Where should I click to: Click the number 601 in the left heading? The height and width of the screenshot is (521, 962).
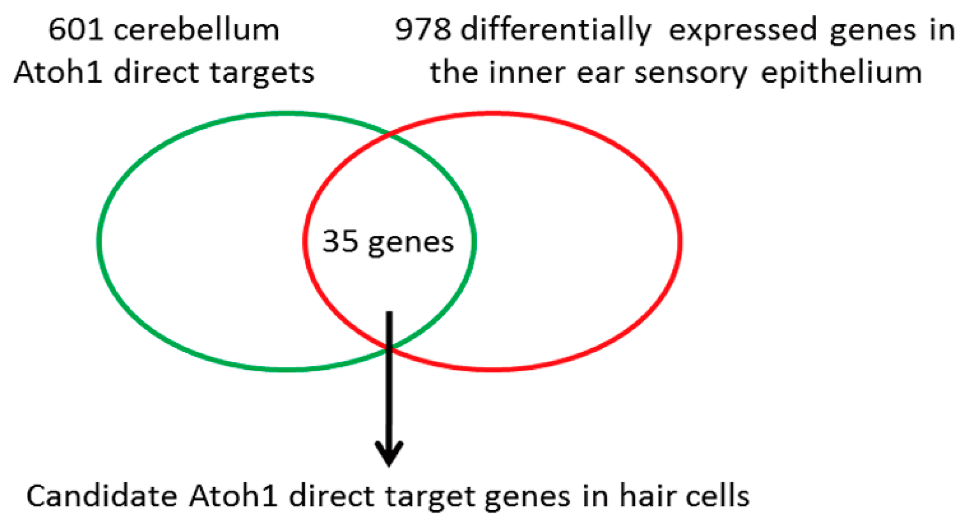tap(75, 30)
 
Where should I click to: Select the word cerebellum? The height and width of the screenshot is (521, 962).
tap(196, 30)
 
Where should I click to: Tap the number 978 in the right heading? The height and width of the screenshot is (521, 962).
tap(423, 30)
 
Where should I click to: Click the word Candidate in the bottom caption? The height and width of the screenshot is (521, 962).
tap(102, 496)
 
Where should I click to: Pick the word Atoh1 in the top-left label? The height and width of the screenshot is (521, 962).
tap(58, 73)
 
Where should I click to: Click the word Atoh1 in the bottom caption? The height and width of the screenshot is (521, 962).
tap(233, 496)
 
